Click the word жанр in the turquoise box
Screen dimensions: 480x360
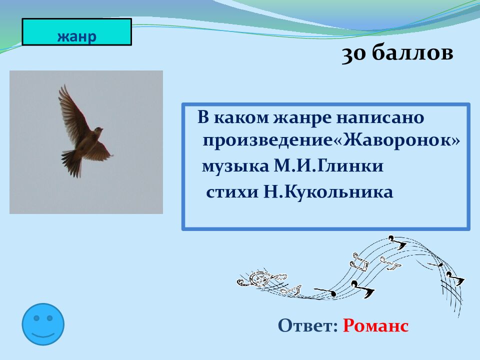(x=77, y=36)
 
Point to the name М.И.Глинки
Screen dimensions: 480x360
(x=328, y=166)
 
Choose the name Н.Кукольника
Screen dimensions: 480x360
(x=328, y=192)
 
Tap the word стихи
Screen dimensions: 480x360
(x=232, y=192)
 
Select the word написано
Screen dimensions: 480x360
(x=380, y=117)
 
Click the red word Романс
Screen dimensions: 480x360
(x=375, y=325)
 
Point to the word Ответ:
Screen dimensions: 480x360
(x=308, y=325)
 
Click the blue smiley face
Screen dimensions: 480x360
(x=43, y=324)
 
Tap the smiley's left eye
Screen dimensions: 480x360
(x=36, y=318)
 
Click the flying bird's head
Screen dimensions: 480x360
(x=98, y=130)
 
